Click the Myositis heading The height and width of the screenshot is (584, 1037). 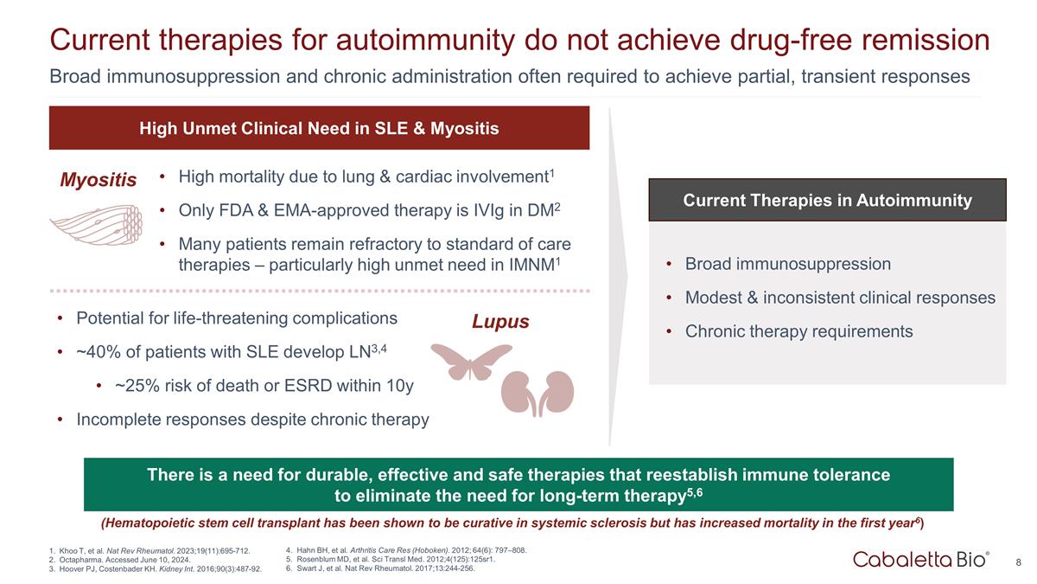pos(99,180)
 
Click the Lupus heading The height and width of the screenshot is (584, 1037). pos(500,322)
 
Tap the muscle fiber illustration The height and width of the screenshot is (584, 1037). pos(96,225)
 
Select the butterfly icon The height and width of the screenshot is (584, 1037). pos(471,362)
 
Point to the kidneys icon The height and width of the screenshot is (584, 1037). pos(538,393)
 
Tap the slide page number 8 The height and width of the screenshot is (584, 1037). pos(1019,562)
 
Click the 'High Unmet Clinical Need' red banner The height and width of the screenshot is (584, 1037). pos(320,128)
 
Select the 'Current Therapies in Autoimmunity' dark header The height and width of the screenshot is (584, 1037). pos(827,200)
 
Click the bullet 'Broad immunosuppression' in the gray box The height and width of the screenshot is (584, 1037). pos(788,264)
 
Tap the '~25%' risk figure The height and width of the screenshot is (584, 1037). pos(137,386)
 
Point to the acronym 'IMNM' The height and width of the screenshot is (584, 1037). pos(531,265)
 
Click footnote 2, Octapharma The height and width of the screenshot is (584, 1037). pos(119,560)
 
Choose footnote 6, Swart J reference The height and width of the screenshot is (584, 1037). pos(380,568)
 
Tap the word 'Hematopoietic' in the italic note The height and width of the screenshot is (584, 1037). pos(150,523)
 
